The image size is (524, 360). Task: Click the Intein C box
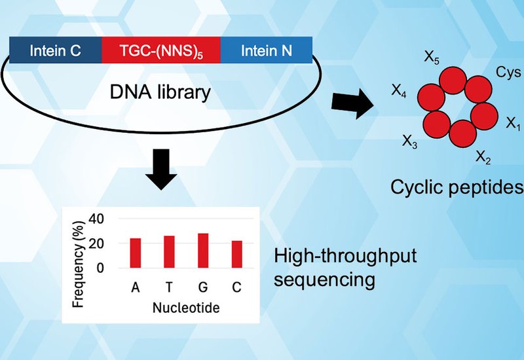(x=56, y=50)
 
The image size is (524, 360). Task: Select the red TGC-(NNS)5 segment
(x=161, y=50)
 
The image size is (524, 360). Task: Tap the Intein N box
(x=266, y=50)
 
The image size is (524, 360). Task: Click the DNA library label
(x=159, y=92)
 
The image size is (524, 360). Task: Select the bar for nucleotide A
(x=136, y=253)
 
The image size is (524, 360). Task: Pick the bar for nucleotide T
(x=170, y=252)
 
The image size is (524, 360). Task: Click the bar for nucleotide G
(x=203, y=251)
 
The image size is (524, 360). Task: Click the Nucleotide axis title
(x=186, y=307)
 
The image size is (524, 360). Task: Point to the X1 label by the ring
(x=513, y=124)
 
